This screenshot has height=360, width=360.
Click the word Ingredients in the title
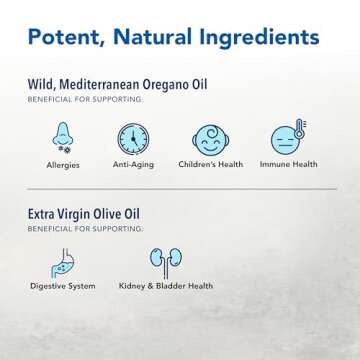(x=263, y=38)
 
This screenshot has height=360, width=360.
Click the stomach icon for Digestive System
(x=62, y=261)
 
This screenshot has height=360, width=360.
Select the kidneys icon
(x=161, y=261)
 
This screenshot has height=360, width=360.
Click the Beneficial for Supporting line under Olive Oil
(x=75, y=225)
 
